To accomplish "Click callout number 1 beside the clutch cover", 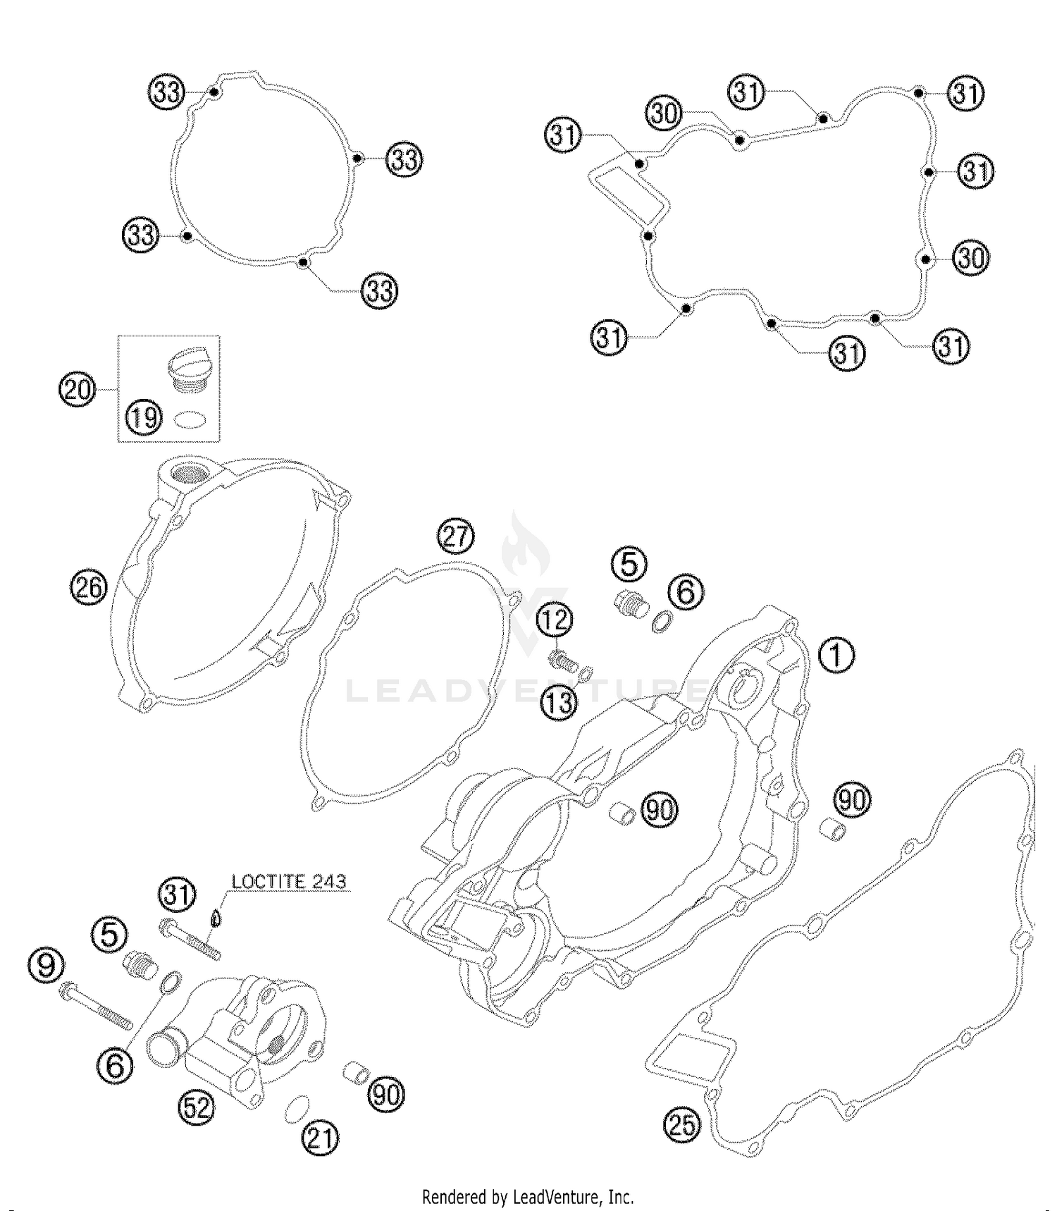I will coord(836,655).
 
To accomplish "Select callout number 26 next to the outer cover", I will coord(88,587).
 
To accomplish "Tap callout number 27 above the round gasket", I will coord(455,537).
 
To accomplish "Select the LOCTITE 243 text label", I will coord(289,881).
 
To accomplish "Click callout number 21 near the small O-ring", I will coord(321,1138).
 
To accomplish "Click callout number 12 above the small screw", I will coord(555,620).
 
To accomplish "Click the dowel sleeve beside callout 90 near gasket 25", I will coord(833,829).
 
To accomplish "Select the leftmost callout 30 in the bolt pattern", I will coord(664,113).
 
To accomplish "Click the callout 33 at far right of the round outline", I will coord(404,159).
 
